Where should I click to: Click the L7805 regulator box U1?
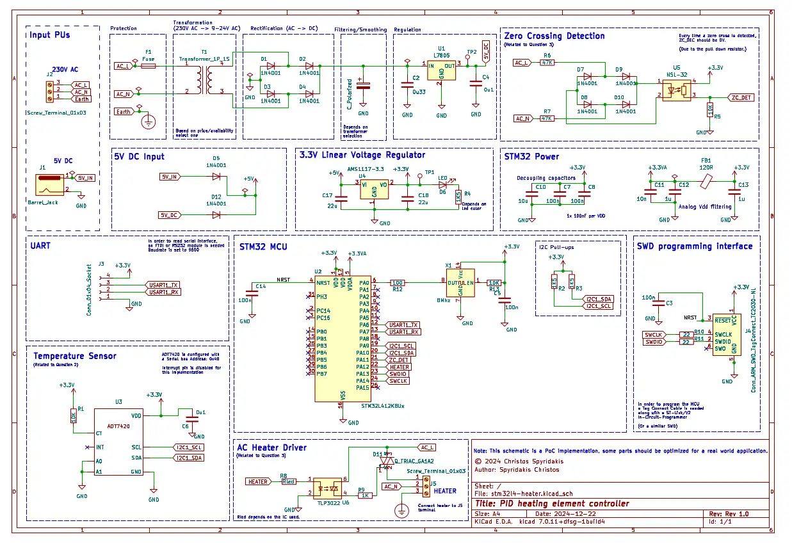[441, 71]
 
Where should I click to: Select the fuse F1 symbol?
[149, 65]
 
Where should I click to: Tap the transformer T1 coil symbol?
[204, 79]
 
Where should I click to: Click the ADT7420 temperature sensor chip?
[120, 442]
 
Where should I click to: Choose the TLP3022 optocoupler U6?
[328, 486]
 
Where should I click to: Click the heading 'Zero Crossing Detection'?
[554, 36]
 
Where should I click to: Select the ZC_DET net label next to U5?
[741, 97]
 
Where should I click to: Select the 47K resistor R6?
[547, 63]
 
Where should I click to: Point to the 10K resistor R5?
[709, 109]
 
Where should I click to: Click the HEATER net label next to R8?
[258, 481]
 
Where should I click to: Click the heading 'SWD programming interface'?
[695, 246]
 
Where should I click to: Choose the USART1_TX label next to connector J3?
[163, 285]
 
